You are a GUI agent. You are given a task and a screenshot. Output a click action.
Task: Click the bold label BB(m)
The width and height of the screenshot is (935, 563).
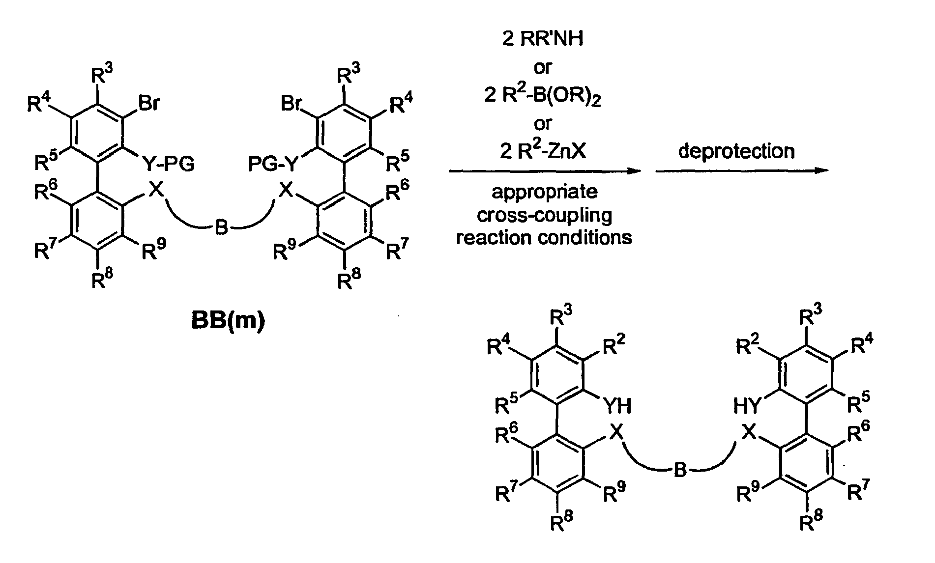pyautogui.click(x=228, y=323)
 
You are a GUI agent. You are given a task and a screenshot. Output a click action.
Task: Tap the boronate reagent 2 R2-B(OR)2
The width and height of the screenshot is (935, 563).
pyautogui.click(x=543, y=95)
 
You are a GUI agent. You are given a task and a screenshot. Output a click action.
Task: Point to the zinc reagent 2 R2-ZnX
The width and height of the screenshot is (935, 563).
pyautogui.click(x=543, y=151)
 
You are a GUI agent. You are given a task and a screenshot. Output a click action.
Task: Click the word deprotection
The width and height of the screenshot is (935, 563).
pyautogui.click(x=736, y=151)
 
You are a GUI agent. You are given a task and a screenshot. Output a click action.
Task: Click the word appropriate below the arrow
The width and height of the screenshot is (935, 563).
pyautogui.click(x=545, y=191)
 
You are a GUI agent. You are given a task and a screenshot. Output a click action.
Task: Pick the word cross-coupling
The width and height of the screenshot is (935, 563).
pyautogui.click(x=544, y=215)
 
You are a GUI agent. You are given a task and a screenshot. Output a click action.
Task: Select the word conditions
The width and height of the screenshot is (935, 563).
pyautogui.click(x=585, y=237)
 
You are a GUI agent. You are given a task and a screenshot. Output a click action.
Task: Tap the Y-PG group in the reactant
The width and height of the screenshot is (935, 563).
pyautogui.click(x=168, y=163)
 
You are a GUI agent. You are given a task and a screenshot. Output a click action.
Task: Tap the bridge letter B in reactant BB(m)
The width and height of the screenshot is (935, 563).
pyautogui.click(x=221, y=227)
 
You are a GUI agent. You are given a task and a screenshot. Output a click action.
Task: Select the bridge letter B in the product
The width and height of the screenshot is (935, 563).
pyautogui.click(x=679, y=470)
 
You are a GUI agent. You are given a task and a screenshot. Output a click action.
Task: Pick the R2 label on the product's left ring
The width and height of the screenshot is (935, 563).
pyautogui.click(x=614, y=347)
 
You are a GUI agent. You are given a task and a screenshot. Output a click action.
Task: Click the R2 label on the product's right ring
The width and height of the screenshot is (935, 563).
pyautogui.click(x=748, y=346)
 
